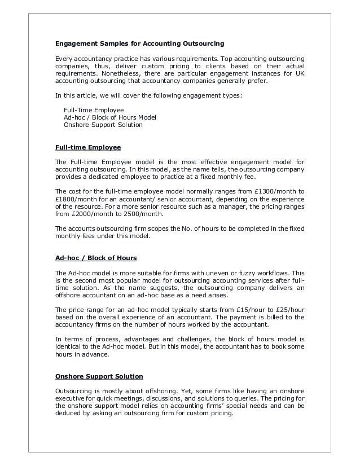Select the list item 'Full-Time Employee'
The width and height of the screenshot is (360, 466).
click(x=94, y=109)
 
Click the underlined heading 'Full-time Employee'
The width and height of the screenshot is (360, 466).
click(x=87, y=148)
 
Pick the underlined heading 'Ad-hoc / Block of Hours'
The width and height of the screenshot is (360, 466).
click(x=95, y=258)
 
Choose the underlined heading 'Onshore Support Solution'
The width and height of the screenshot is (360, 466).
click(x=99, y=376)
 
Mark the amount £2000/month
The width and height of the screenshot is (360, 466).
click(x=91, y=214)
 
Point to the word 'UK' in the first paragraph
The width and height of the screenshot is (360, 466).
click(x=299, y=73)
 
